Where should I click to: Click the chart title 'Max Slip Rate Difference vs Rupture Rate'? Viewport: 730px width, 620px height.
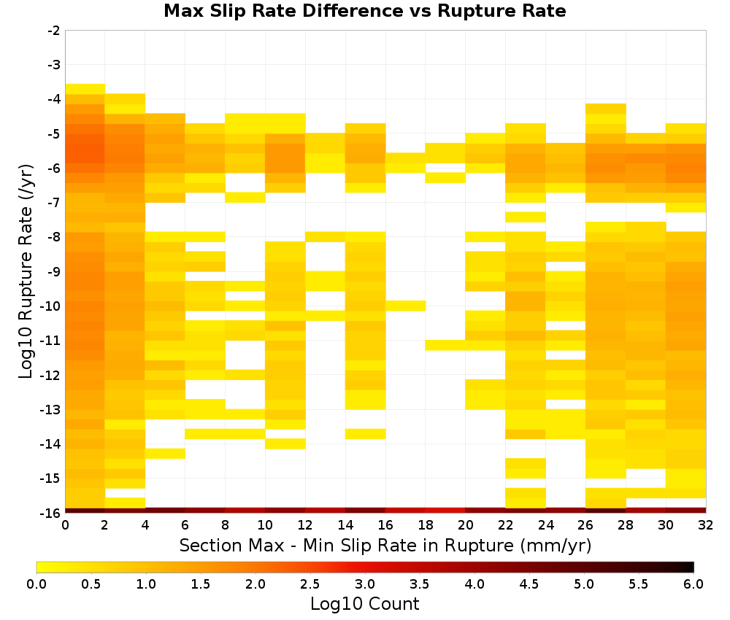coord(364,11)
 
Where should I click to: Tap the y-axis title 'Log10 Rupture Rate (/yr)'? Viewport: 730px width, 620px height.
coord(26,271)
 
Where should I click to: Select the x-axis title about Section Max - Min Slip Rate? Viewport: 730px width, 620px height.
coord(385,545)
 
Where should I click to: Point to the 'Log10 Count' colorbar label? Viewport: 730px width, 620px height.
coord(364,604)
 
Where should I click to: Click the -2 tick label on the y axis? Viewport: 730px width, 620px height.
coord(54,31)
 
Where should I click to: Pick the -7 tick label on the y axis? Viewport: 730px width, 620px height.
coord(54,202)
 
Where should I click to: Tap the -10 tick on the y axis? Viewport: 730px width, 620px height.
coord(51,306)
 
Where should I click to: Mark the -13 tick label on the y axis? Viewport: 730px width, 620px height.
coord(51,409)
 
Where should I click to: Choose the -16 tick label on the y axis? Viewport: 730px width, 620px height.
coord(51,513)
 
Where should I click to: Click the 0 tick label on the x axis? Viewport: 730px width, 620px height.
coord(65,525)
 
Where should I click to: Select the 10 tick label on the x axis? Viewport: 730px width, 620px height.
coord(265,525)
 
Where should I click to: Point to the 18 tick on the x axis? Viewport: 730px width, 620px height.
coord(426,525)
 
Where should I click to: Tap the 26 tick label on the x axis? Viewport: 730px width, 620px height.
coord(585,525)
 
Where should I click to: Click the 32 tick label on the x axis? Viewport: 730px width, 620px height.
coord(706,525)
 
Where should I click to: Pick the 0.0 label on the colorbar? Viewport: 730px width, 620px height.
coord(36,584)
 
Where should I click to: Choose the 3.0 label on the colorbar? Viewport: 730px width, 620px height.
coord(365,584)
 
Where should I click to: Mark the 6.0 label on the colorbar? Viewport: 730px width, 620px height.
coord(693,584)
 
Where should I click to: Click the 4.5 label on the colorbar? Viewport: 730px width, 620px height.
coord(529,584)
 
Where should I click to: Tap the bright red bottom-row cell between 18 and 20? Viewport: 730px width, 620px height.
coord(445,511)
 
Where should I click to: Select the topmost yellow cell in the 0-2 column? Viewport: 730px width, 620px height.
coord(85,89)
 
